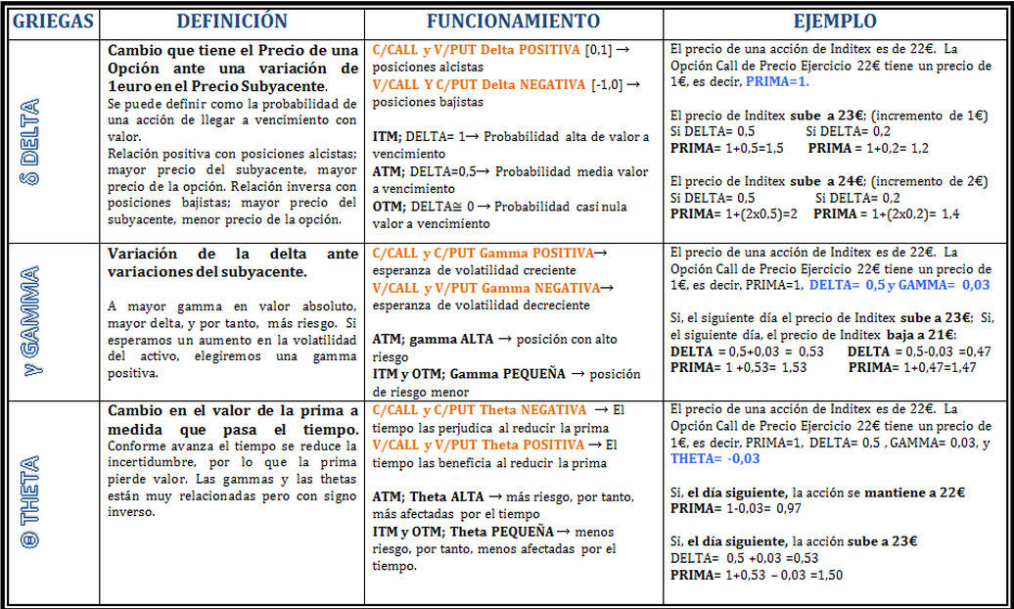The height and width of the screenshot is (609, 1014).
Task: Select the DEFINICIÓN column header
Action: tap(232, 22)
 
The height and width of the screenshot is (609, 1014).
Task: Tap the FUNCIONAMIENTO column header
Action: tap(514, 22)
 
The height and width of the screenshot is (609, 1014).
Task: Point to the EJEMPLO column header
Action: tap(835, 22)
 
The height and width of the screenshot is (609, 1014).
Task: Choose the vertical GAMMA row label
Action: tap(29, 321)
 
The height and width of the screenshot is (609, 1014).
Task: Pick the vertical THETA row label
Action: tap(29, 501)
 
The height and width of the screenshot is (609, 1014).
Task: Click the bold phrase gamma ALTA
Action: tap(450, 339)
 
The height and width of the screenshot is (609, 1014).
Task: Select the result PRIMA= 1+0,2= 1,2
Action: tap(868, 149)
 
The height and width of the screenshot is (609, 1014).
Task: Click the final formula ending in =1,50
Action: tap(759, 575)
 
